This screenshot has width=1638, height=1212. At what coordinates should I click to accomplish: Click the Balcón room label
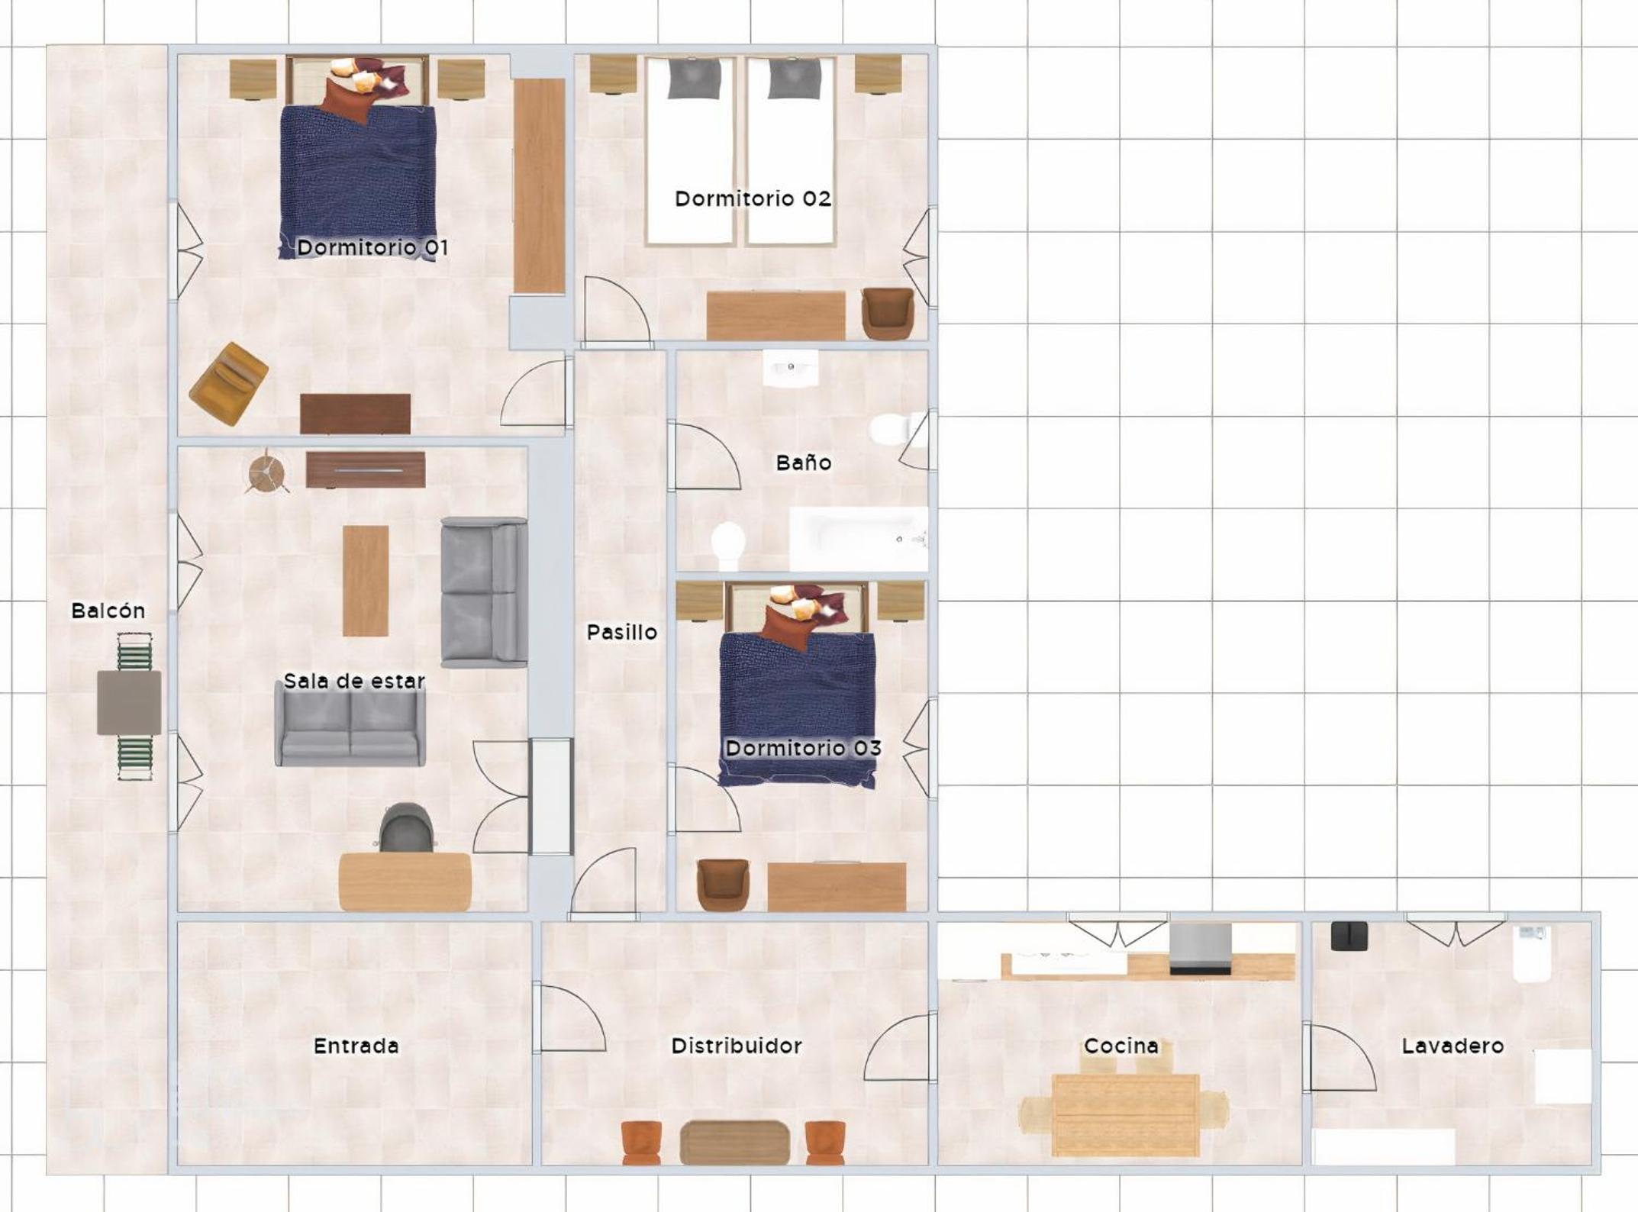coord(108,611)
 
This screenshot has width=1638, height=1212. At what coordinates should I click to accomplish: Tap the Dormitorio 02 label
coord(753,198)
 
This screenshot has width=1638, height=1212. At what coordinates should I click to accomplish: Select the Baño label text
coord(803,462)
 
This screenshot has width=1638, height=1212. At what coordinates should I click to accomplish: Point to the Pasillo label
coord(621,632)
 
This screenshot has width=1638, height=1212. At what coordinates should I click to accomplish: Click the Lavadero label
coord(1453,1046)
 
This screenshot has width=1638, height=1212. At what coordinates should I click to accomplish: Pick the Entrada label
coord(356,1046)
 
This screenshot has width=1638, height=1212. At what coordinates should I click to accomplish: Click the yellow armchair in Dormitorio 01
coord(228,383)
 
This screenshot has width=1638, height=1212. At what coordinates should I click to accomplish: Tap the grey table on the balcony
coord(129,703)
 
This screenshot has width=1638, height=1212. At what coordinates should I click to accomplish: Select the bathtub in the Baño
coord(859,539)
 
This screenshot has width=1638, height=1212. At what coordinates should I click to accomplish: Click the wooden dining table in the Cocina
coord(1125,1115)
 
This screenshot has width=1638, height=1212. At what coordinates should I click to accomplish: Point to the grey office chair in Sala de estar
coord(408,827)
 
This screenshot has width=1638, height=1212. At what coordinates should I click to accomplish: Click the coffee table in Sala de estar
coord(366,581)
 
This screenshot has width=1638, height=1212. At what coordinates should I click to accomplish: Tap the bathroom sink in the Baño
coord(791,368)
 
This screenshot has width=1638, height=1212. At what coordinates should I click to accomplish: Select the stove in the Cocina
coord(1201,949)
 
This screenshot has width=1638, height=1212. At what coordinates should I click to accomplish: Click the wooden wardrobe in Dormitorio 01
coord(539,185)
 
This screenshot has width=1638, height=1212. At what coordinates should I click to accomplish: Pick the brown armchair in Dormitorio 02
coord(888,313)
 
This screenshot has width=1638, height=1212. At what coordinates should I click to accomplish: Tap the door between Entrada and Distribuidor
coord(569,1018)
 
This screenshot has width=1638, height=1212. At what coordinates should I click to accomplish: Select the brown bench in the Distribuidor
coord(735,1143)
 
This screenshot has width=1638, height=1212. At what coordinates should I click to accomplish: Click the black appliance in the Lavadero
coord(1349,936)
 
